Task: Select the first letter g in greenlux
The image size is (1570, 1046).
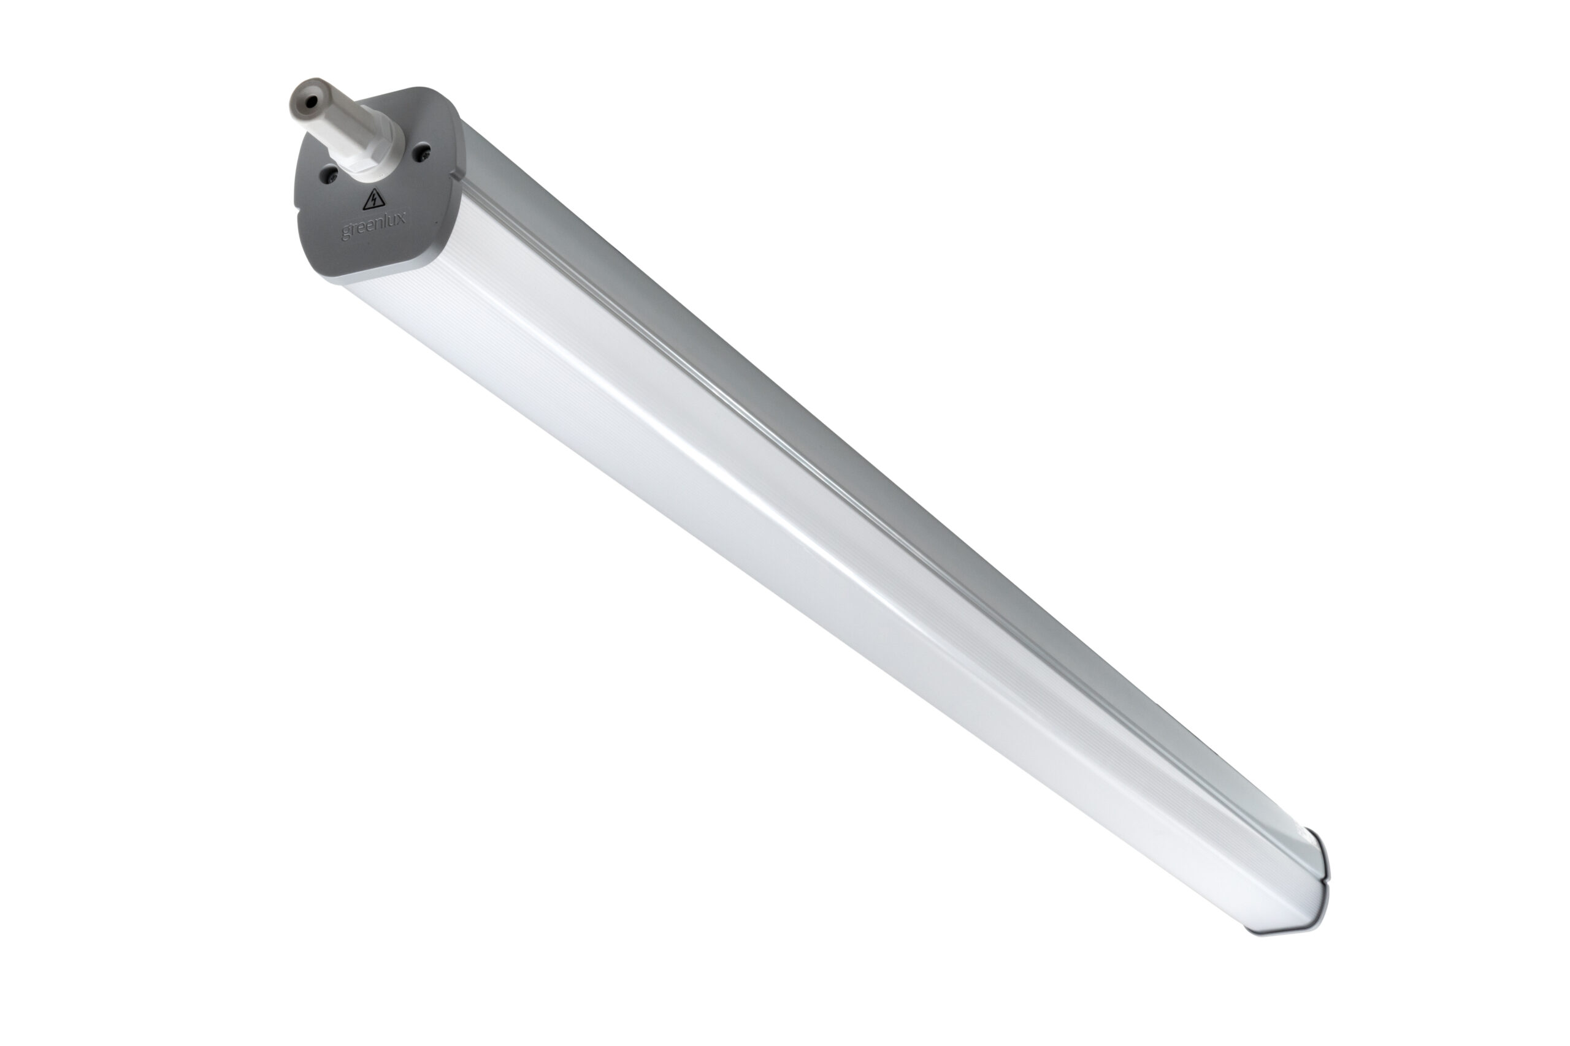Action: point(346,233)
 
